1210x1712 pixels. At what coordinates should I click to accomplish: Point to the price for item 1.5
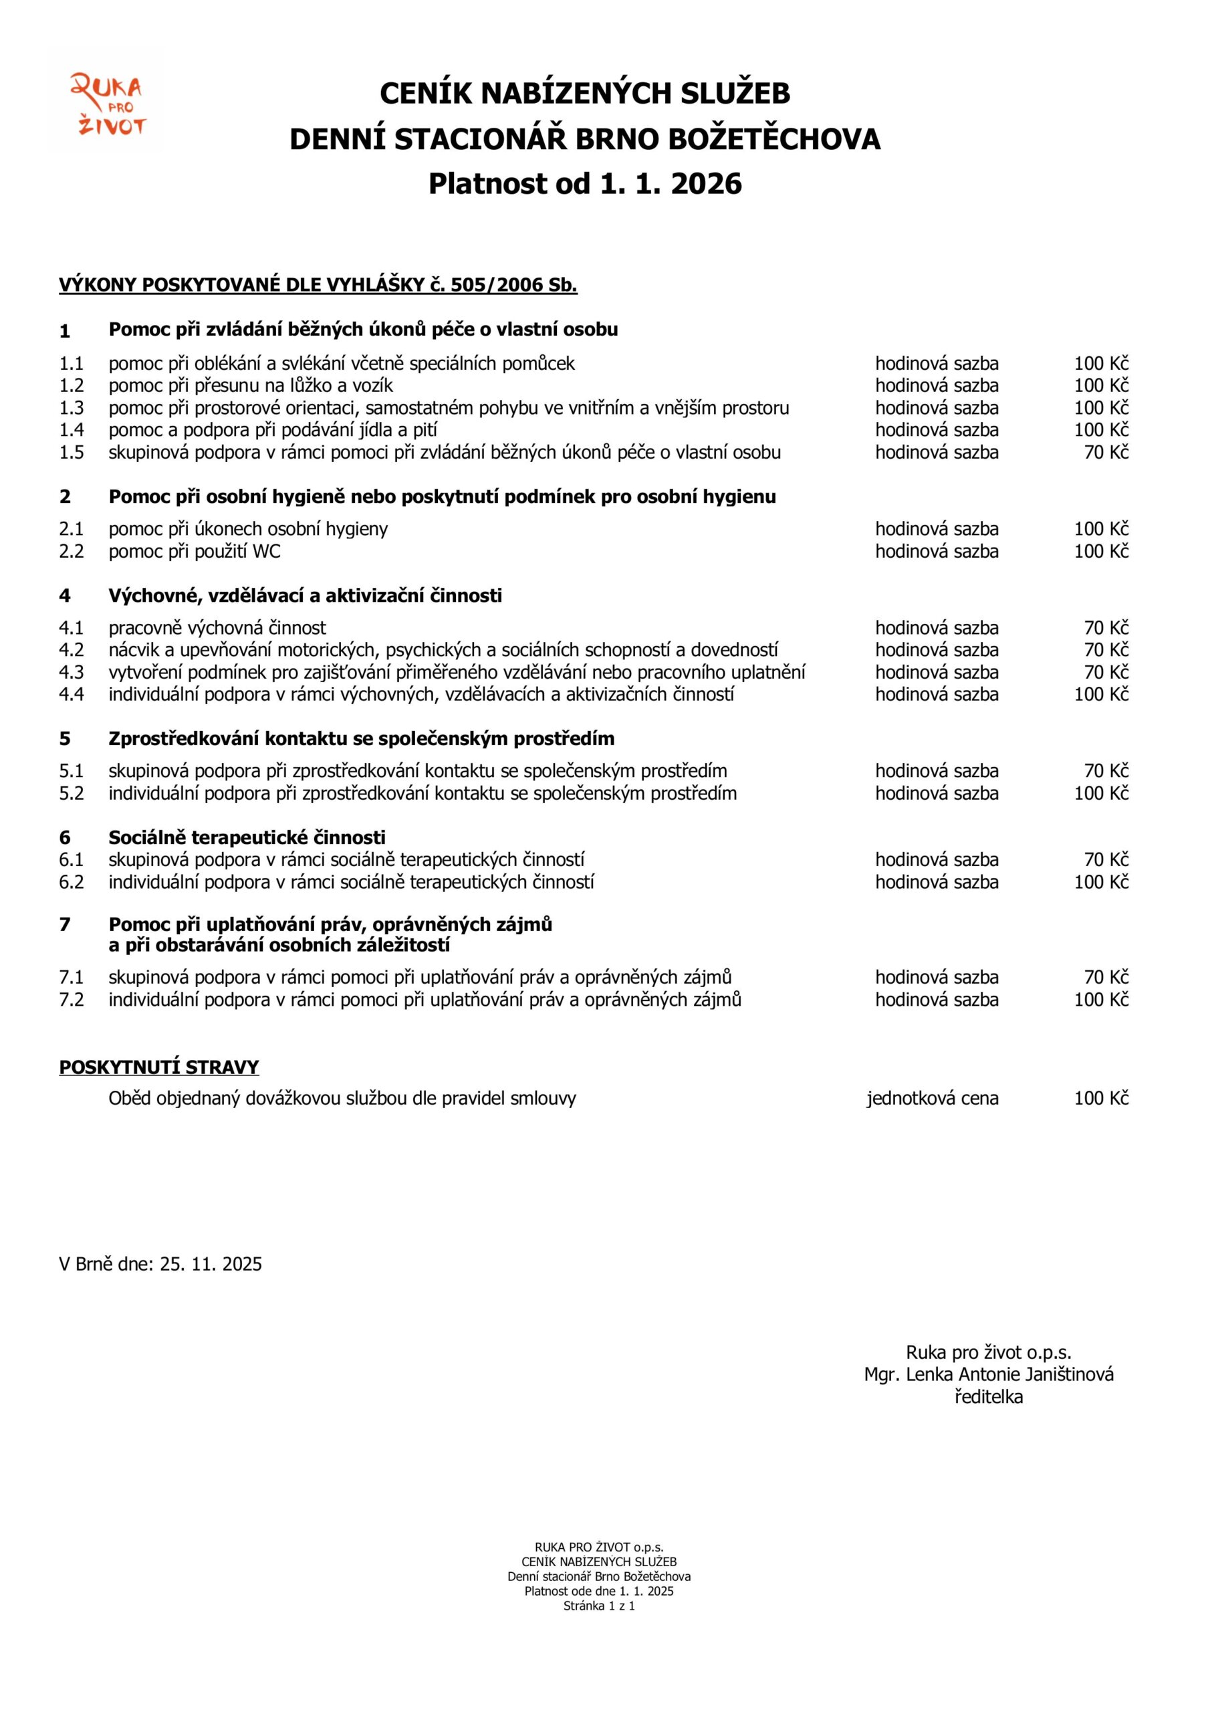pos(1106,453)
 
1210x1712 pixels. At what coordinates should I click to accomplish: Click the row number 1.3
pos(72,408)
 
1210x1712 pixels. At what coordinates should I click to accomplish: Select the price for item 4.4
pos(1100,695)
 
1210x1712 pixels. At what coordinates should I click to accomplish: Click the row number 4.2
pos(72,650)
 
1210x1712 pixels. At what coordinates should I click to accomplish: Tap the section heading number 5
pos(65,739)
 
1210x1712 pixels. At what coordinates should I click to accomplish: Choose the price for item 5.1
pos(1106,771)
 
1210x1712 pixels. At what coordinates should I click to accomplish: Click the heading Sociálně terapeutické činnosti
pos(247,837)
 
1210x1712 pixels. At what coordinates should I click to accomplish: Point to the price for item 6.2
pos(1100,882)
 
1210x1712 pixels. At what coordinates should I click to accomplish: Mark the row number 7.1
pos(72,978)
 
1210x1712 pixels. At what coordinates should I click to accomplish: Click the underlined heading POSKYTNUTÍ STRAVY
pos(159,1067)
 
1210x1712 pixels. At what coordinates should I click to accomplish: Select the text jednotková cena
pos(932,1098)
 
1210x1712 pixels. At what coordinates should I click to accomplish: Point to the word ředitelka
pos(988,1396)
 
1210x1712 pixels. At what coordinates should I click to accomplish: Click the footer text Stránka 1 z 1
pos(599,1606)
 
